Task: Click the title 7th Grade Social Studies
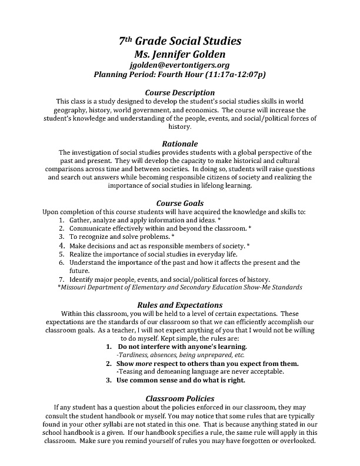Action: (x=180, y=41)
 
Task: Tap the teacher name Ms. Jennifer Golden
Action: (x=180, y=54)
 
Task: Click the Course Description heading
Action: (x=180, y=92)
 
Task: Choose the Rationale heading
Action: (x=180, y=143)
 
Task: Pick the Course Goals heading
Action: (x=180, y=203)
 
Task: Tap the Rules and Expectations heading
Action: (x=180, y=305)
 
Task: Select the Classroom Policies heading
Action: (x=180, y=398)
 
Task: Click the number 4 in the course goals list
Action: (x=61, y=245)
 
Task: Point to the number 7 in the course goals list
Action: (x=61, y=279)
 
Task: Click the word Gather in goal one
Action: (x=81, y=219)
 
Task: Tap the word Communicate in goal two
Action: (x=91, y=228)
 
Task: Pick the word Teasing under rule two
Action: (x=132, y=372)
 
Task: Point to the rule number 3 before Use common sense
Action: (x=109, y=380)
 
